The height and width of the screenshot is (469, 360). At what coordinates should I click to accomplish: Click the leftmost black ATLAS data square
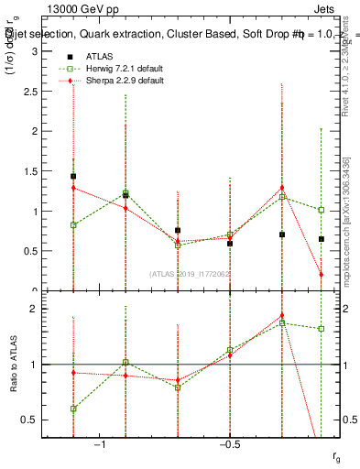(x=73, y=177)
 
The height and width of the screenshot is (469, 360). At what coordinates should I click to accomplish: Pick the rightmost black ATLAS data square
(x=322, y=239)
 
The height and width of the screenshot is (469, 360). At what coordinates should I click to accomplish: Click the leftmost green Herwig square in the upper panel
(x=73, y=224)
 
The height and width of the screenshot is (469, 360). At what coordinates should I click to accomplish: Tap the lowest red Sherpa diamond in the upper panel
(x=322, y=274)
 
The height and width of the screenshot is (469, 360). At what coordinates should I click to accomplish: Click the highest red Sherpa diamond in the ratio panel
(x=282, y=315)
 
